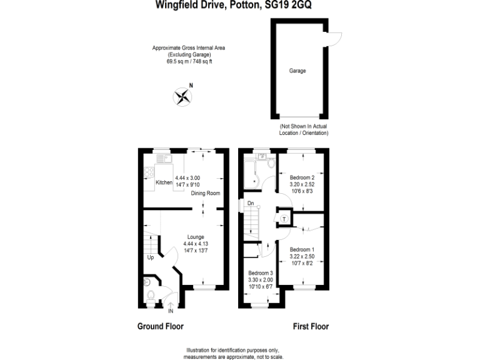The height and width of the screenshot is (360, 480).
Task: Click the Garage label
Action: coord(297,71)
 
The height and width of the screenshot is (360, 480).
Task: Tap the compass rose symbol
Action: coord(182,96)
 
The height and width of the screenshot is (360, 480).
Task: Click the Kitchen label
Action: coord(164,182)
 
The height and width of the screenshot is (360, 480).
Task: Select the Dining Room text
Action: coord(206,193)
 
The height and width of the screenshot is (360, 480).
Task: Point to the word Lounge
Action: coord(196,237)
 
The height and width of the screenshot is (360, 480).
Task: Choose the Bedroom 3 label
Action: coord(261,274)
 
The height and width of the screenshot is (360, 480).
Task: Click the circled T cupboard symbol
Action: coord(284,219)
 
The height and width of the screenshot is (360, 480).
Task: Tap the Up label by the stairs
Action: coord(151,257)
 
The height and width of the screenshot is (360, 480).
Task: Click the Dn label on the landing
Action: coord(250,203)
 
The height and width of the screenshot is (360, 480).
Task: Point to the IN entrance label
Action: coord(171,311)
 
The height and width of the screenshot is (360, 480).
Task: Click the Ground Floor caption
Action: coord(160,326)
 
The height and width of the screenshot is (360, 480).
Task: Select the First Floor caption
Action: coord(311,326)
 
